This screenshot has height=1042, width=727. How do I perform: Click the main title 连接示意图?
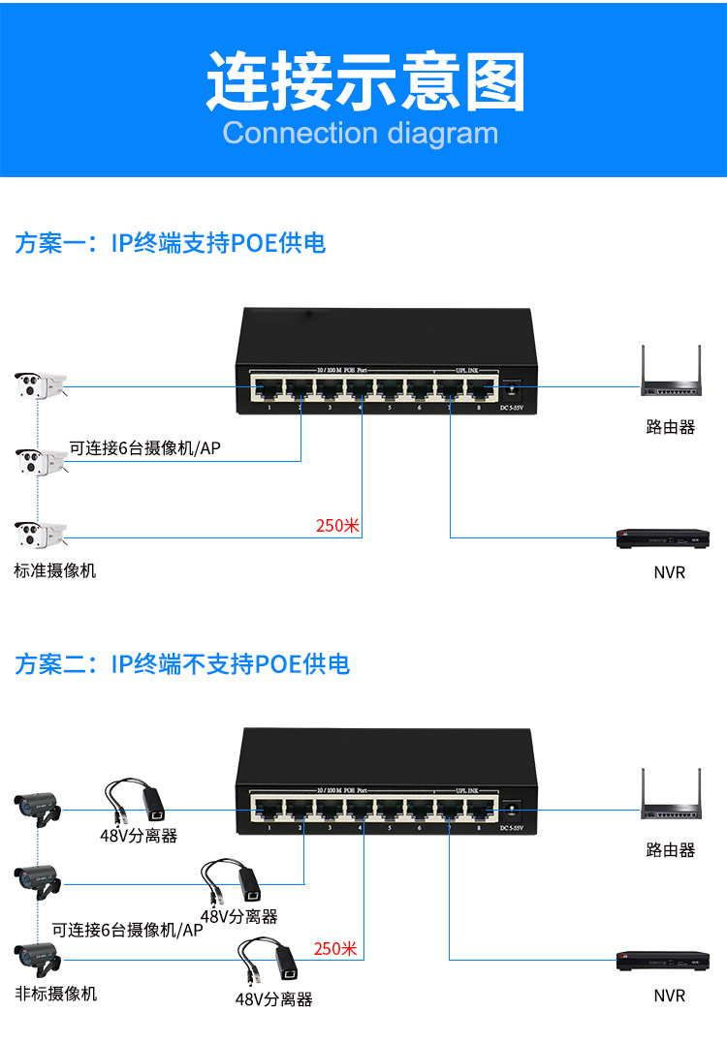coord(364,82)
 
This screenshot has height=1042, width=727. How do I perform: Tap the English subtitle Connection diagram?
coord(361,133)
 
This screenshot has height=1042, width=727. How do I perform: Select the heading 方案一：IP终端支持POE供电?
coord(171,243)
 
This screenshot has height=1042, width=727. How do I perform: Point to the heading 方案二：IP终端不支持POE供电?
coord(182,664)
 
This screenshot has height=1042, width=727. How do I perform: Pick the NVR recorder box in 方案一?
coord(664,539)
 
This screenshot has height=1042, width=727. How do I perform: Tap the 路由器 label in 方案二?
coord(671,850)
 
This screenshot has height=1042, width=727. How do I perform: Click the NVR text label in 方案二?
coord(669,995)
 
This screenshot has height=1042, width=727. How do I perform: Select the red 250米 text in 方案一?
coord(337,526)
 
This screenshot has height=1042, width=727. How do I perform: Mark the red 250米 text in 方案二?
coord(335,948)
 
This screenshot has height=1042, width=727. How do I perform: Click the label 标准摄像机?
coord(55,570)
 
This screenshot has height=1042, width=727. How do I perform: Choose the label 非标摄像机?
coord(55,994)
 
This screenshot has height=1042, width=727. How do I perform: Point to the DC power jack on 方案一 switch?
coord(511,390)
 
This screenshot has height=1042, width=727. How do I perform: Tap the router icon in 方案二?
coord(671,800)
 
